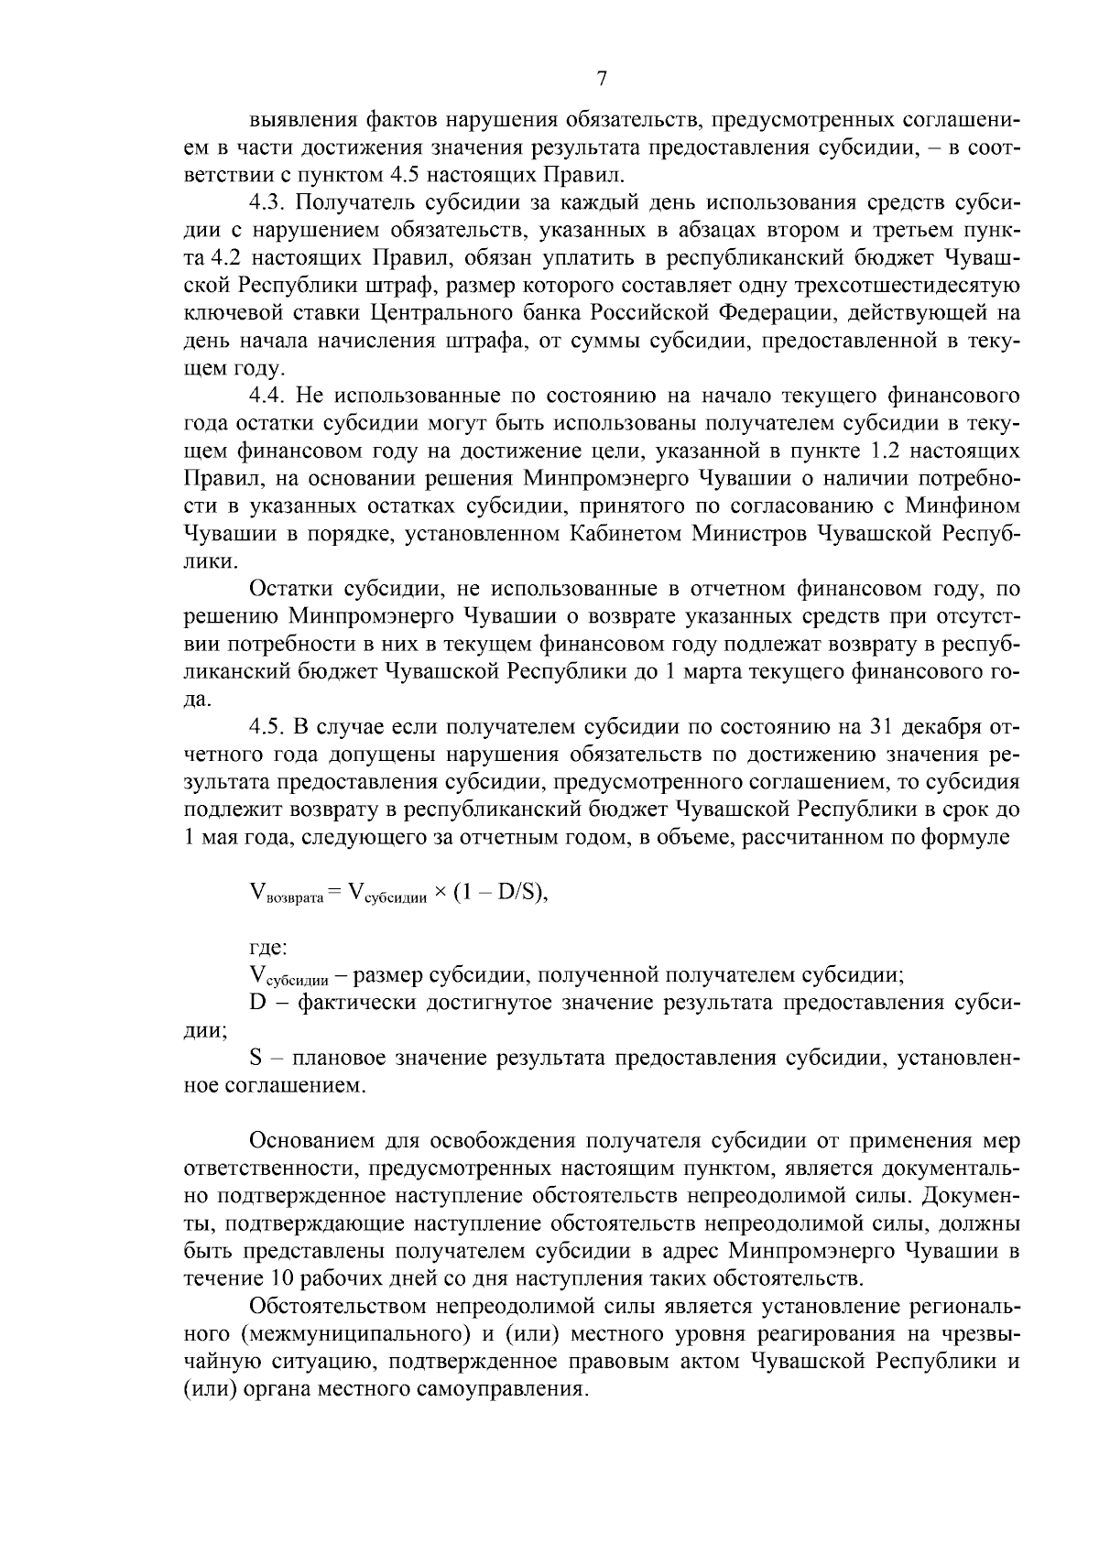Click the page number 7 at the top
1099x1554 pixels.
point(602,79)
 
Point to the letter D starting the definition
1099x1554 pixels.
point(257,1003)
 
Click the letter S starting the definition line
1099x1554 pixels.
point(256,1059)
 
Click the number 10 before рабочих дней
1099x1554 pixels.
point(281,1279)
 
